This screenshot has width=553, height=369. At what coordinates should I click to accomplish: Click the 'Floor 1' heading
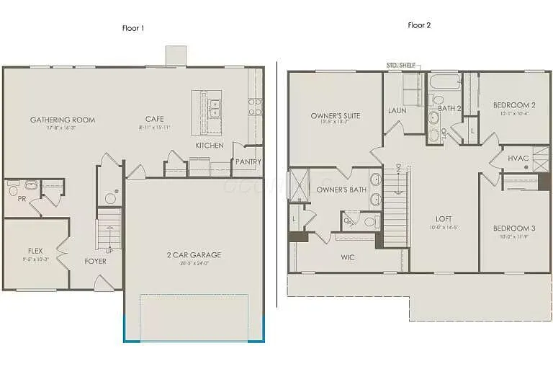(x=134, y=28)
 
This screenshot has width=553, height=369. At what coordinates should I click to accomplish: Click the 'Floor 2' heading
(x=418, y=25)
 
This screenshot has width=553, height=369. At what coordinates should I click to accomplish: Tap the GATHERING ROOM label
(x=62, y=120)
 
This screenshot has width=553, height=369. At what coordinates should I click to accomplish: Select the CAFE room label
(x=154, y=120)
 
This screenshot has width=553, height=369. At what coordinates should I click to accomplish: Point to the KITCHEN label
(x=210, y=146)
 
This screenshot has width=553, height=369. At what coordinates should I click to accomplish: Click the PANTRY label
(x=248, y=162)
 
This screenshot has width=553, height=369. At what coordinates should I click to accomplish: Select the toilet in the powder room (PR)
(x=13, y=190)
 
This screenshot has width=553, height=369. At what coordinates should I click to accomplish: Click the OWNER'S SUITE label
(x=336, y=115)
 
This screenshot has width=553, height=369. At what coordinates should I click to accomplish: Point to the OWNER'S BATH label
(x=341, y=190)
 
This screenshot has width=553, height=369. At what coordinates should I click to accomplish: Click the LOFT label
(x=444, y=218)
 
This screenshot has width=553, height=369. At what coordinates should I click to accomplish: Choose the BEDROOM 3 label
(x=513, y=228)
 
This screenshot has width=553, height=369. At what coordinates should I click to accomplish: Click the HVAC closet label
(x=518, y=158)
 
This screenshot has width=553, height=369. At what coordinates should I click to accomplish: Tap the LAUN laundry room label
(x=397, y=110)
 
